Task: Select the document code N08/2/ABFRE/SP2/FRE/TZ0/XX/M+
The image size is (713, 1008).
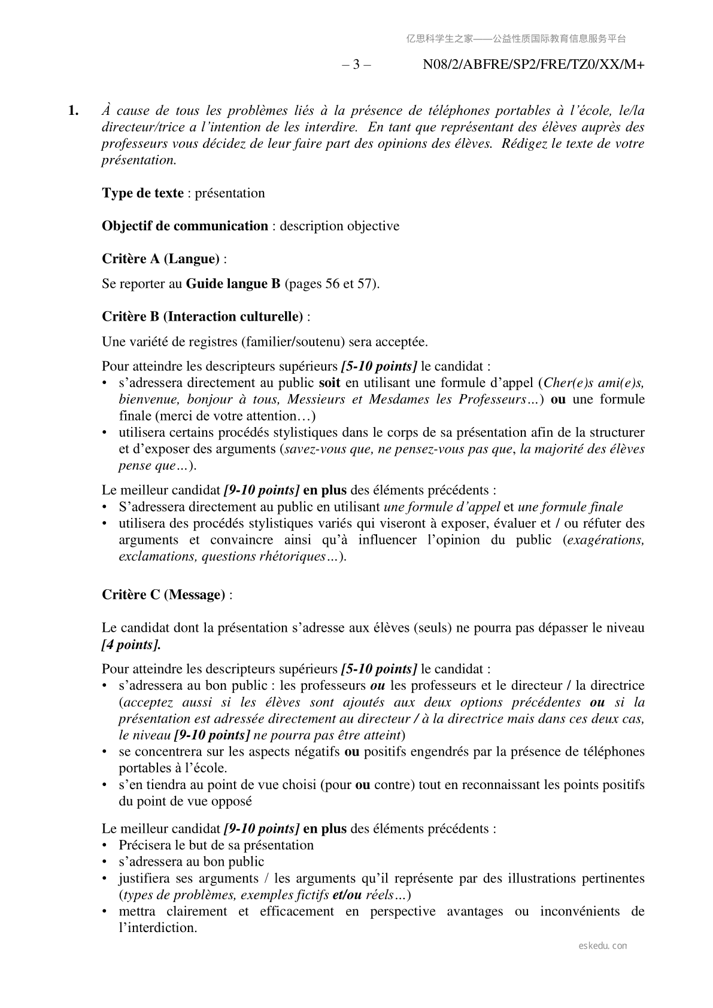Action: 533,65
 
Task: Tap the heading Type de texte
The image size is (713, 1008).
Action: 142,193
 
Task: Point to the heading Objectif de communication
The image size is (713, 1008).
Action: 185,226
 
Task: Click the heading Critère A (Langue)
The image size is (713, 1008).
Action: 160,259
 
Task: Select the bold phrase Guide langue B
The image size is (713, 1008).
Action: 233,284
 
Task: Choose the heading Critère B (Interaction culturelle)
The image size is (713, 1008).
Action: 202,316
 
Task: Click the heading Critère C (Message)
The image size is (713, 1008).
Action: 163,595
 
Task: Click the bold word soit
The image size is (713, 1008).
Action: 330,383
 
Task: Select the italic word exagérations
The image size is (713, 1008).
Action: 605,540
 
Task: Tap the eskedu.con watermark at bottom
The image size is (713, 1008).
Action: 603,946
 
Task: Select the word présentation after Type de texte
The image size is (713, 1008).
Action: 230,193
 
